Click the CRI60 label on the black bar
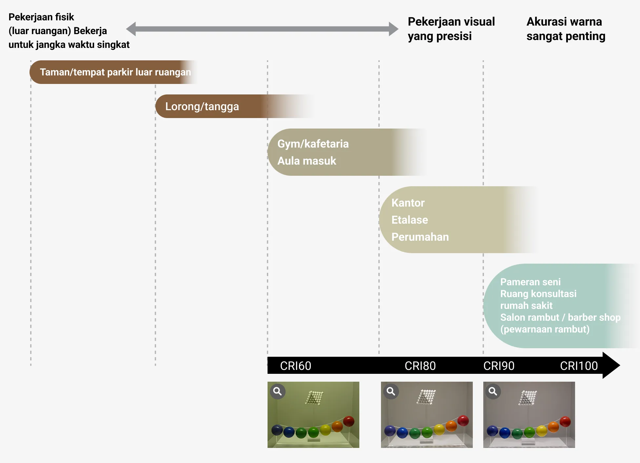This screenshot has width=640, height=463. pyautogui.click(x=295, y=366)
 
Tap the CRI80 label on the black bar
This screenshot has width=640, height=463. pyautogui.click(x=420, y=366)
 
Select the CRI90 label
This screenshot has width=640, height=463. pyautogui.click(x=499, y=366)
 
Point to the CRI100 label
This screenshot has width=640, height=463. pyautogui.click(x=579, y=366)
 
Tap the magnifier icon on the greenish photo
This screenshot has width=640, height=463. pyautogui.click(x=278, y=391)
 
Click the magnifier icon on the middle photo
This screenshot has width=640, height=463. pyautogui.click(x=391, y=391)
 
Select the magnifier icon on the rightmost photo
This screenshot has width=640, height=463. pyautogui.click(x=493, y=391)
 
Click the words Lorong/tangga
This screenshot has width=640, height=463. pyautogui.click(x=202, y=107)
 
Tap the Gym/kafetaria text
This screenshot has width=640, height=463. pyautogui.click(x=313, y=144)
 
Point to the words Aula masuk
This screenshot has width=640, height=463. pyautogui.click(x=307, y=161)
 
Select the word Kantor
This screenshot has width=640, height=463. pyautogui.click(x=408, y=203)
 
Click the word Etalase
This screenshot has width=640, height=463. pyautogui.click(x=410, y=220)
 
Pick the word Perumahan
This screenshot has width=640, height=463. pyautogui.click(x=420, y=237)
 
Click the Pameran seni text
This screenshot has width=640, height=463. pyautogui.click(x=530, y=282)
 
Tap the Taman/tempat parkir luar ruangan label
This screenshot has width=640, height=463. pyautogui.click(x=115, y=72)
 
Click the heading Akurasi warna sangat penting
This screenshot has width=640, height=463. pyautogui.click(x=566, y=29)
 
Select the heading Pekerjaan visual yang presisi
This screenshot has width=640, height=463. pyautogui.click(x=451, y=29)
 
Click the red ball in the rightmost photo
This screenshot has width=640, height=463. pyautogui.click(x=565, y=421)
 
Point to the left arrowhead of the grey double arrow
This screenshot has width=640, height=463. pyautogui.click(x=131, y=29)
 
